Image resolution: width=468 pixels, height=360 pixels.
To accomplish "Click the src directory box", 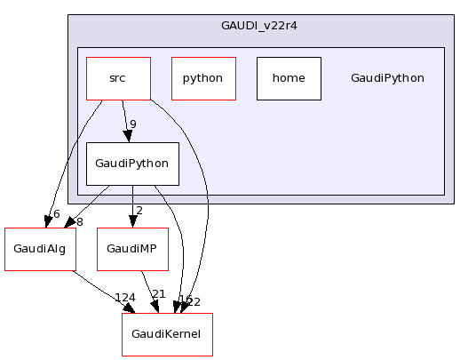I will click(117, 78).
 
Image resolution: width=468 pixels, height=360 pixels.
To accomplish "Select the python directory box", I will click(202, 78).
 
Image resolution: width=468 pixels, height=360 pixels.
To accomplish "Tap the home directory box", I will click(289, 78).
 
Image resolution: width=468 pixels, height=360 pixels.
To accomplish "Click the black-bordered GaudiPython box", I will click(132, 164).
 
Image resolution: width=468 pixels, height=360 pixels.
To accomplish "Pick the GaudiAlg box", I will click(40, 250).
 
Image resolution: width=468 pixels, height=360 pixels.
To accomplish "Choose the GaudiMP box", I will click(132, 250).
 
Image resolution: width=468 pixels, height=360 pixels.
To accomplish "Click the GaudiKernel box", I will click(167, 334).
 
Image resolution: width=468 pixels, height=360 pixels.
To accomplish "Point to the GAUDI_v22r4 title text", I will click(259, 25).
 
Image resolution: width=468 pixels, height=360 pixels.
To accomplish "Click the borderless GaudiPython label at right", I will click(387, 78).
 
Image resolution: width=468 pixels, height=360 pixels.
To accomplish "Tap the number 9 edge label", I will click(132, 124).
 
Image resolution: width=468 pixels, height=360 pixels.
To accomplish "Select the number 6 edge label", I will click(56, 214).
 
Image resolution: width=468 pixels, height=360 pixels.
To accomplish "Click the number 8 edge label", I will click(78, 221).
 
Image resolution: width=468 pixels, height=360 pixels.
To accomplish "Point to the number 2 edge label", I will click(139, 211).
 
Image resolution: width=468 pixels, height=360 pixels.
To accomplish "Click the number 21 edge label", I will click(159, 294).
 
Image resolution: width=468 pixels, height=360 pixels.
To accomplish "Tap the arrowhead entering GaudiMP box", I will click(132, 222).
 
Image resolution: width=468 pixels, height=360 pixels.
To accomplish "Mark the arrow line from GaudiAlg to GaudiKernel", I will click(98, 286).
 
